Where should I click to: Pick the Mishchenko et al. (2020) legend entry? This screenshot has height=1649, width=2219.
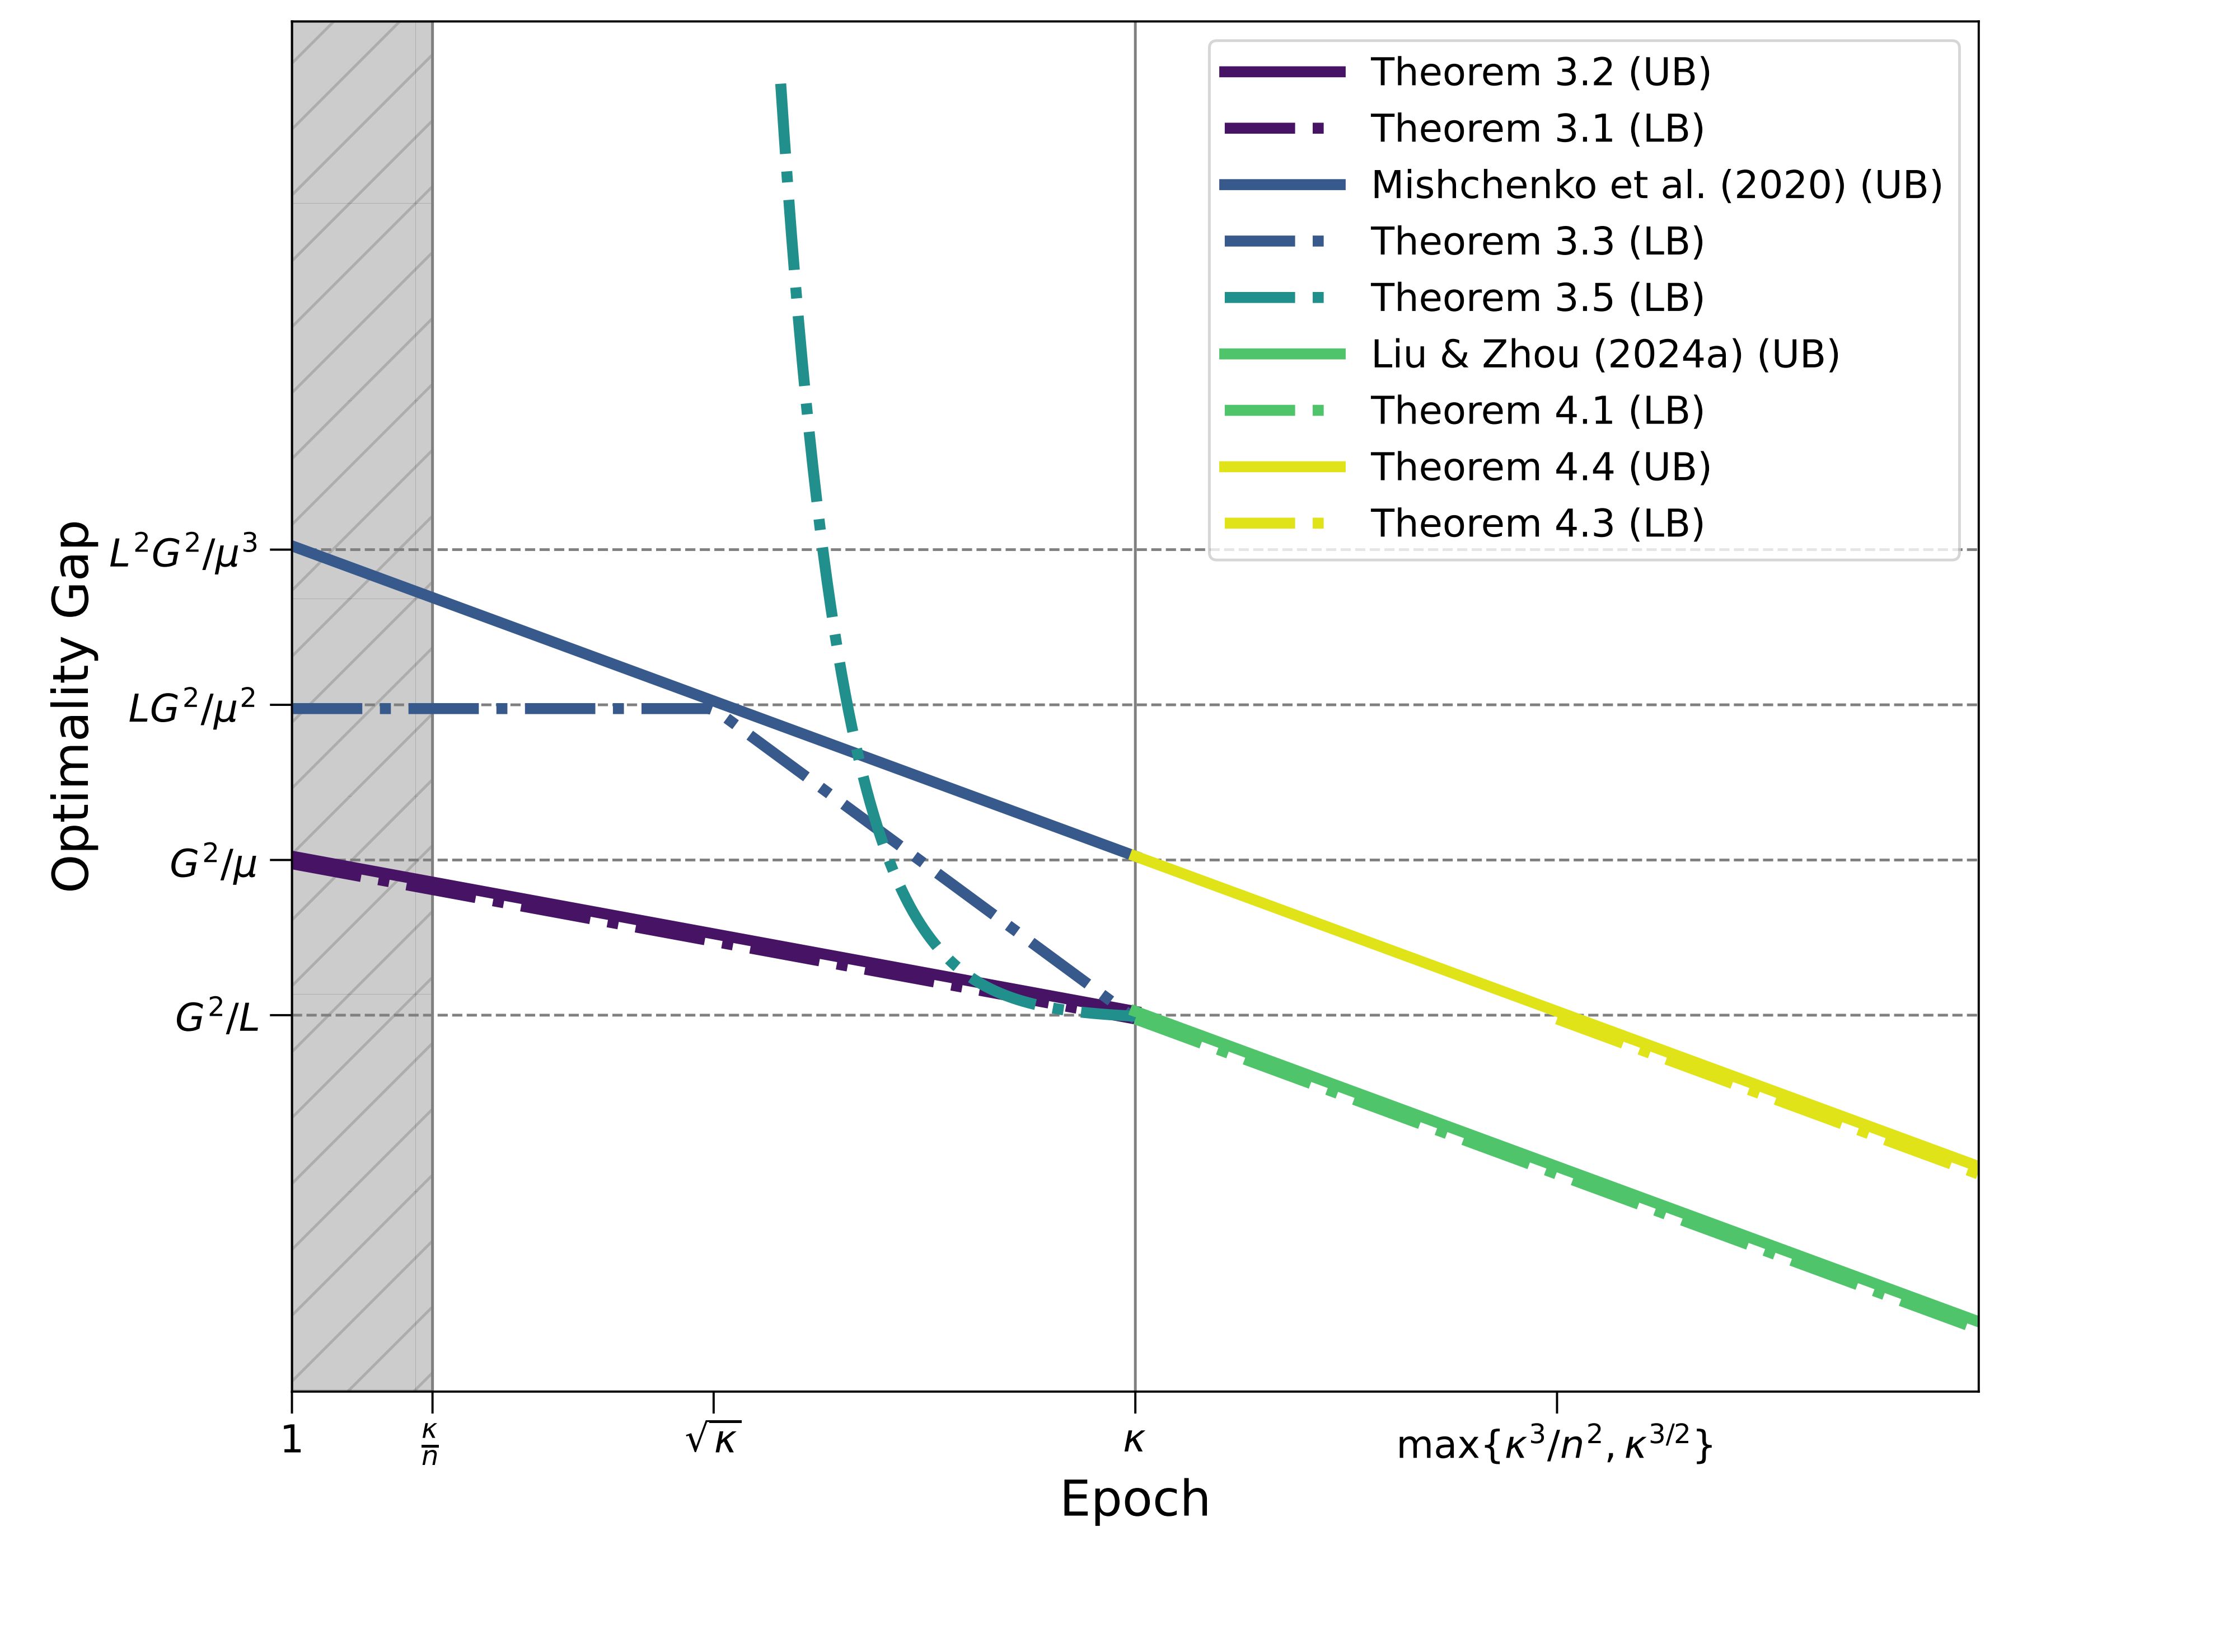pyautogui.click(x=1656, y=185)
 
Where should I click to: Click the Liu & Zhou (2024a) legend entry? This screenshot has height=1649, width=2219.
pyautogui.click(x=1604, y=354)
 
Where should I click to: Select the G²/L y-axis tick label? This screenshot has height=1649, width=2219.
pyautogui.click(x=217, y=1017)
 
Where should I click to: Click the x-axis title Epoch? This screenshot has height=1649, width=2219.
pyautogui.click(x=1135, y=1499)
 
